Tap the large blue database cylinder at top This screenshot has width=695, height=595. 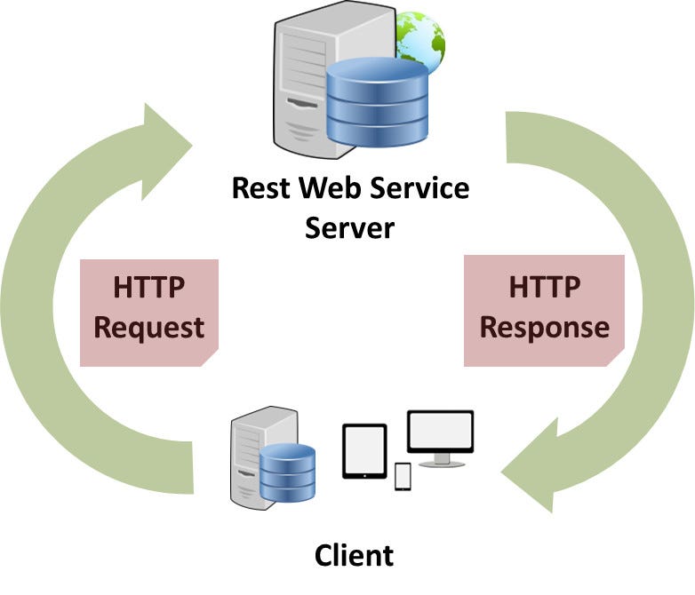coord(376,102)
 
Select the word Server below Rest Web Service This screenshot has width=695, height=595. coord(349,227)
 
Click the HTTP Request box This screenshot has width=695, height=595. coord(149,312)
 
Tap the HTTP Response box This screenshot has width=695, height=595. coord(544,310)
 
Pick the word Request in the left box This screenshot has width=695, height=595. coord(149,328)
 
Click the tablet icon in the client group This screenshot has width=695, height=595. coord(364,451)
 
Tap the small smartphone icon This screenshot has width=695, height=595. coord(403,476)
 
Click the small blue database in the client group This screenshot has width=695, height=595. coord(288,471)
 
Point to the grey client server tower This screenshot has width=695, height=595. coord(247,457)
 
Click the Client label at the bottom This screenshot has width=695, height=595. coord(354,556)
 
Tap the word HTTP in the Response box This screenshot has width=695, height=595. coord(545,288)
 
